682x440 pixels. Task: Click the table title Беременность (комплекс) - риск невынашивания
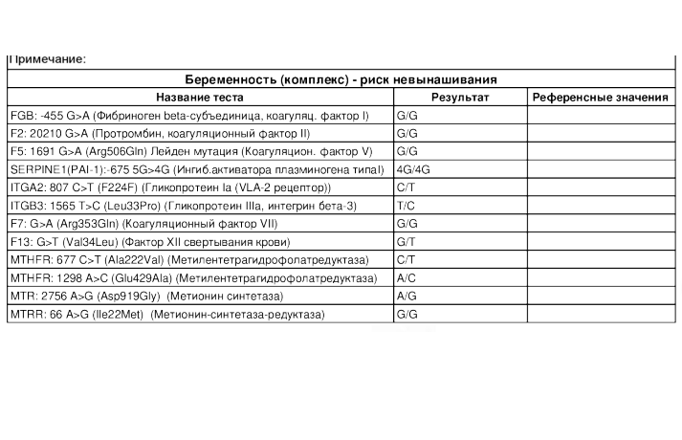pos(341,80)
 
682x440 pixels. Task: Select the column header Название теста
pos(200,98)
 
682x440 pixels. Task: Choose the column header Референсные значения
pos(601,98)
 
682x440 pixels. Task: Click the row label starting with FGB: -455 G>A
pos(188,116)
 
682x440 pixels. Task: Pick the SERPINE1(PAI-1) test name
pos(196,170)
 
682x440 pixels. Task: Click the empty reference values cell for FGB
pos(601,116)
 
